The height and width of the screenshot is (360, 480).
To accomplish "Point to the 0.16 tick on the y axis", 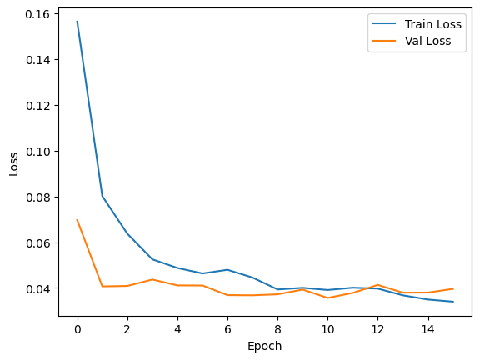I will point(37,14).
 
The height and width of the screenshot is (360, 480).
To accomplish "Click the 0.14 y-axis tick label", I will point(37,60).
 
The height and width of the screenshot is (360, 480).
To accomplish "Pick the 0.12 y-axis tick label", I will point(37,106).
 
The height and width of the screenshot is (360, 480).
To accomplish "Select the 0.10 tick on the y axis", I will point(37,152).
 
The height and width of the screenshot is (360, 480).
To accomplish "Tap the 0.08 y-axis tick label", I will point(37,197).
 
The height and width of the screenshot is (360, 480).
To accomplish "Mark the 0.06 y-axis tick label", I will point(37,243).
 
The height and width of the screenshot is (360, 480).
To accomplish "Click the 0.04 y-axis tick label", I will point(37,289).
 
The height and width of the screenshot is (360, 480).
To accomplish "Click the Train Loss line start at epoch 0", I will point(77,22).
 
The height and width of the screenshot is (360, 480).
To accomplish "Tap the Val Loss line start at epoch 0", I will point(77,220).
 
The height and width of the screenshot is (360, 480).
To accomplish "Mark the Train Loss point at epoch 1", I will point(102,196).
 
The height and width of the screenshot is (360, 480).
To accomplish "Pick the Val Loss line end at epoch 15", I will point(452,289).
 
